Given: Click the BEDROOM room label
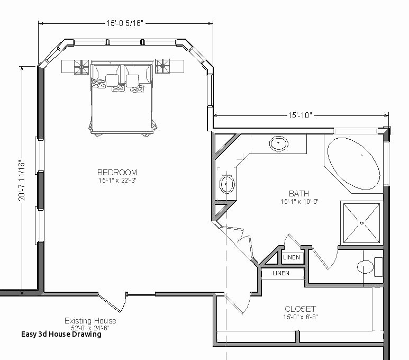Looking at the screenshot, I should pyautogui.click(x=117, y=172).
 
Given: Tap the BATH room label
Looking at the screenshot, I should pyautogui.click(x=299, y=194).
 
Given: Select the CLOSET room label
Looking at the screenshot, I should pyautogui.click(x=300, y=309).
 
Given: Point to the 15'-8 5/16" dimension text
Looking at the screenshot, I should pyautogui.click(x=125, y=23).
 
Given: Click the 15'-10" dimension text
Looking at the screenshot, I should pyautogui.click(x=301, y=115).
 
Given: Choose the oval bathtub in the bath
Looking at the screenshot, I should pyautogui.click(x=353, y=164).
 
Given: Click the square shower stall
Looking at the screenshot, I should pyautogui.click(x=361, y=223).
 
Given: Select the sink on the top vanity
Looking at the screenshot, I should pyautogui.click(x=279, y=143).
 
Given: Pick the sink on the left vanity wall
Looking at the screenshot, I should pyautogui.click(x=226, y=184).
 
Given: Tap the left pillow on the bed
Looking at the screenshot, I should pyautogui.click(x=113, y=80).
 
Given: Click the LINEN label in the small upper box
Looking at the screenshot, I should pyautogui.click(x=292, y=258).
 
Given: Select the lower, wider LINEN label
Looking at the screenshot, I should pyautogui.click(x=281, y=273).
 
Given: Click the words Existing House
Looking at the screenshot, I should pyautogui.click(x=90, y=321).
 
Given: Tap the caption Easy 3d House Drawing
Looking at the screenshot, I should pyautogui.click(x=61, y=334).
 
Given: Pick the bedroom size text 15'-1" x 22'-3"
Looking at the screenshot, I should pyautogui.click(x=117, y=181).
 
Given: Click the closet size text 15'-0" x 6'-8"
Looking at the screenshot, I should pyautogui.click(x=300, y=317).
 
